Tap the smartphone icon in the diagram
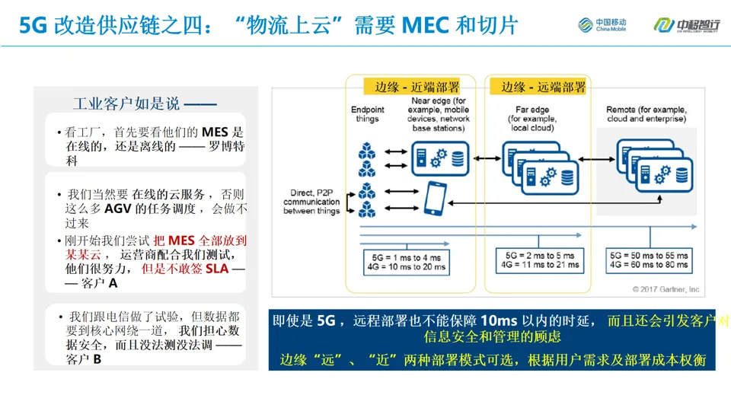tap(435, 197)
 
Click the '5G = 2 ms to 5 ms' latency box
tap(540, 260)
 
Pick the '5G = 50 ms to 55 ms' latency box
tap(650, 260)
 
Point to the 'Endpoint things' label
tap(367, 114)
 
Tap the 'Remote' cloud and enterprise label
tap(646, 115)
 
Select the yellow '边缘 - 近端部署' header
tap(411, 87)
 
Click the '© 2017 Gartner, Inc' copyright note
tap(666, 289)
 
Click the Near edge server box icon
tap(437, 158)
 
